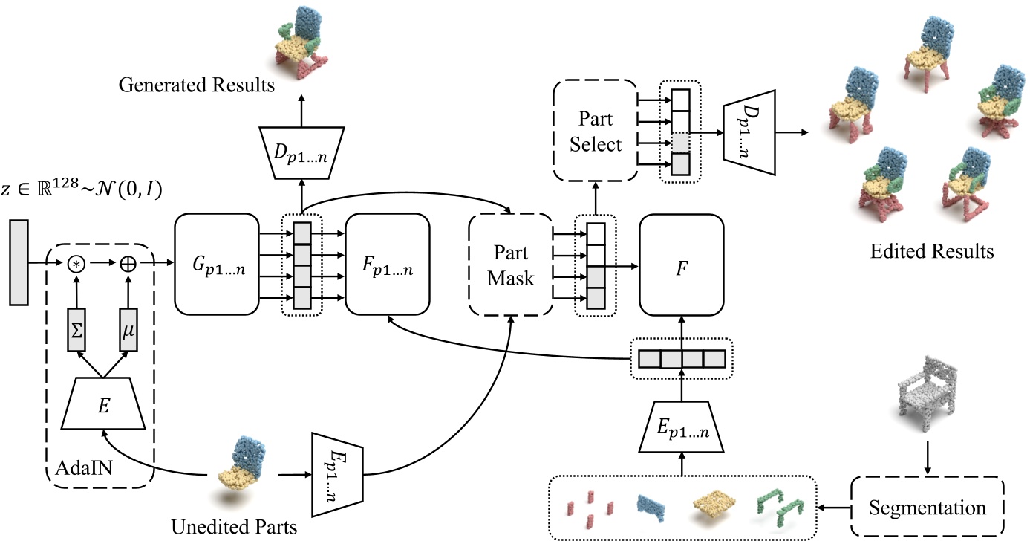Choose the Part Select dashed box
click(x=595, y=131)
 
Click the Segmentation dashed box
click(x=927, y=508)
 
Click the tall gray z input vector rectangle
click(x=19, y=262)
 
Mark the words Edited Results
click(x=931, y=251)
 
